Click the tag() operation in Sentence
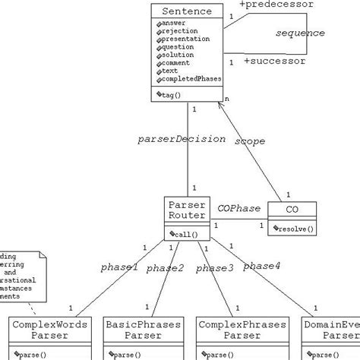pyautogui.click(x=175, y=94)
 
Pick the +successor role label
pyautogui.click(x=273, y=61)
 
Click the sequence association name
pyautogui.click(x=299, y=33)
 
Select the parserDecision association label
pyautogui.click(x=182, y=139)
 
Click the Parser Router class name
pyautogui.click(x=187, y=210)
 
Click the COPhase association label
pyautogui.click(x=238, y=208)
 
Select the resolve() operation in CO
pyautogui.click(x=293, y=228)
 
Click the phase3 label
pyautogui.click(x=215, y=267)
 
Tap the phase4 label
pyautogui.click(x=261, y=265)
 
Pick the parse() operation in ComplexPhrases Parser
pyautogui.click(x=223, y=354)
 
